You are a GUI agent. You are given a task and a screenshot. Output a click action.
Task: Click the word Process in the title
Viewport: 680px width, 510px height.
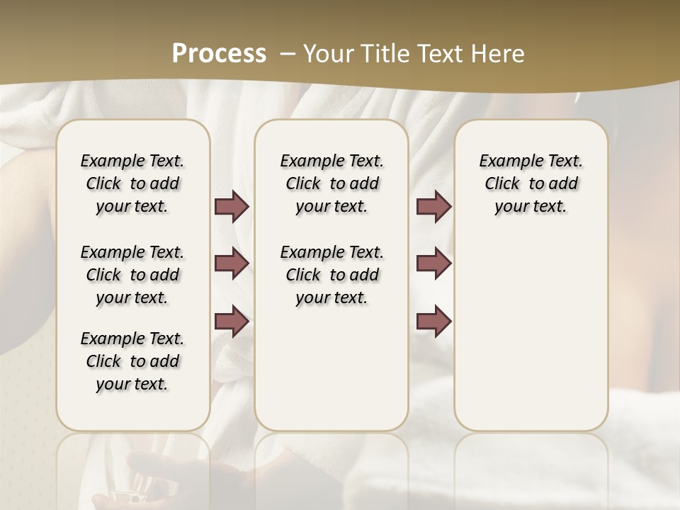point(219,54)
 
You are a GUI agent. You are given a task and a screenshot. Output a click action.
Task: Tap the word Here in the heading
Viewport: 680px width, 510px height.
point(499,54)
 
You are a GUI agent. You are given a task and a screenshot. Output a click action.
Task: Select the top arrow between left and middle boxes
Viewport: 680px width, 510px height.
point(232,207)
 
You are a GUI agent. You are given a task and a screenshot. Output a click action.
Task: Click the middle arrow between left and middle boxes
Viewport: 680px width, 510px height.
point(232,263)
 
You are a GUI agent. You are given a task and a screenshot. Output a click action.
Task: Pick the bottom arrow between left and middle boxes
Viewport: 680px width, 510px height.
point(232,321)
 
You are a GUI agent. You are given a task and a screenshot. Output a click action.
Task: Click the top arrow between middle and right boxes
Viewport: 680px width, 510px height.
point(433,207)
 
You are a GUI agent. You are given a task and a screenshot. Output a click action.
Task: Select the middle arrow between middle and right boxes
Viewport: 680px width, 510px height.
point(433,263)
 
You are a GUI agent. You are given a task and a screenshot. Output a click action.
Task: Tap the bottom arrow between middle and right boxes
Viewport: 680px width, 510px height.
point(433,321)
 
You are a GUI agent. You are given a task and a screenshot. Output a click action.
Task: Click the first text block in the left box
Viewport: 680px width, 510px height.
point(132,183)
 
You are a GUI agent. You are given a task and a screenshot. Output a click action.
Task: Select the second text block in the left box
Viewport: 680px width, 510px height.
point(132,275)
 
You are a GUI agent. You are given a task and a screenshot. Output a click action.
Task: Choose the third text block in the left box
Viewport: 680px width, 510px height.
point(132,361)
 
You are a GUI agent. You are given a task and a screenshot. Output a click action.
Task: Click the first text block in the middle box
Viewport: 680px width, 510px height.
point(331,183)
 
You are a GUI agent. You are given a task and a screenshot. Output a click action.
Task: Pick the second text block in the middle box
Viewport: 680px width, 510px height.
point(331,275)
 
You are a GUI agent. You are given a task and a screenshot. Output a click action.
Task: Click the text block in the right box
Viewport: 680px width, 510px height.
point(531,183)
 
